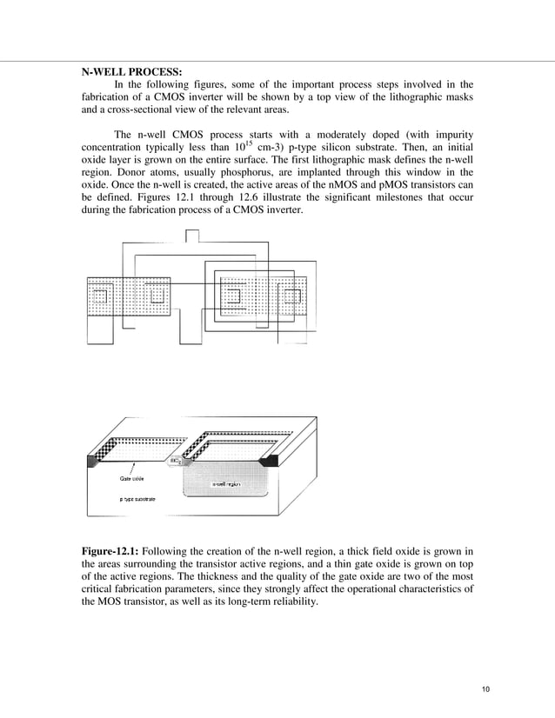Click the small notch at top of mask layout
193,235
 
